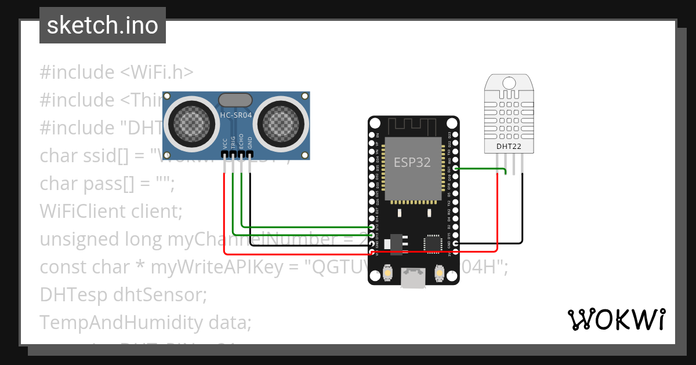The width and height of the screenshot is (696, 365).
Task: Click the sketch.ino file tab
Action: [x=103, y=25]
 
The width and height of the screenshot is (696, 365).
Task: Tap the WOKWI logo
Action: [x=616, y=319]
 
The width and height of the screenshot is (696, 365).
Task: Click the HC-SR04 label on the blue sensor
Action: [x=235, y=115]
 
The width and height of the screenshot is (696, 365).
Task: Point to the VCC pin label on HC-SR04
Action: [x=224, y=144]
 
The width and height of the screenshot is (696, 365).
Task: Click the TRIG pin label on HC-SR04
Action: [x=233, y=144]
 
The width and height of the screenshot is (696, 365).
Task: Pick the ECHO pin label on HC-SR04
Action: [x=242, y=144]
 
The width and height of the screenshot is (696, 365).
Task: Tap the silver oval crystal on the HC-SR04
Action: [x=235, y=100]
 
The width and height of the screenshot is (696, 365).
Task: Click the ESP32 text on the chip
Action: [x=412, y=162]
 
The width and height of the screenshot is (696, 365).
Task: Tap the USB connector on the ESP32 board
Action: [x=413, y=278]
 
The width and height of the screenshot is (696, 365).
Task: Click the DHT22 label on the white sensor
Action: [x=509, y=147]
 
